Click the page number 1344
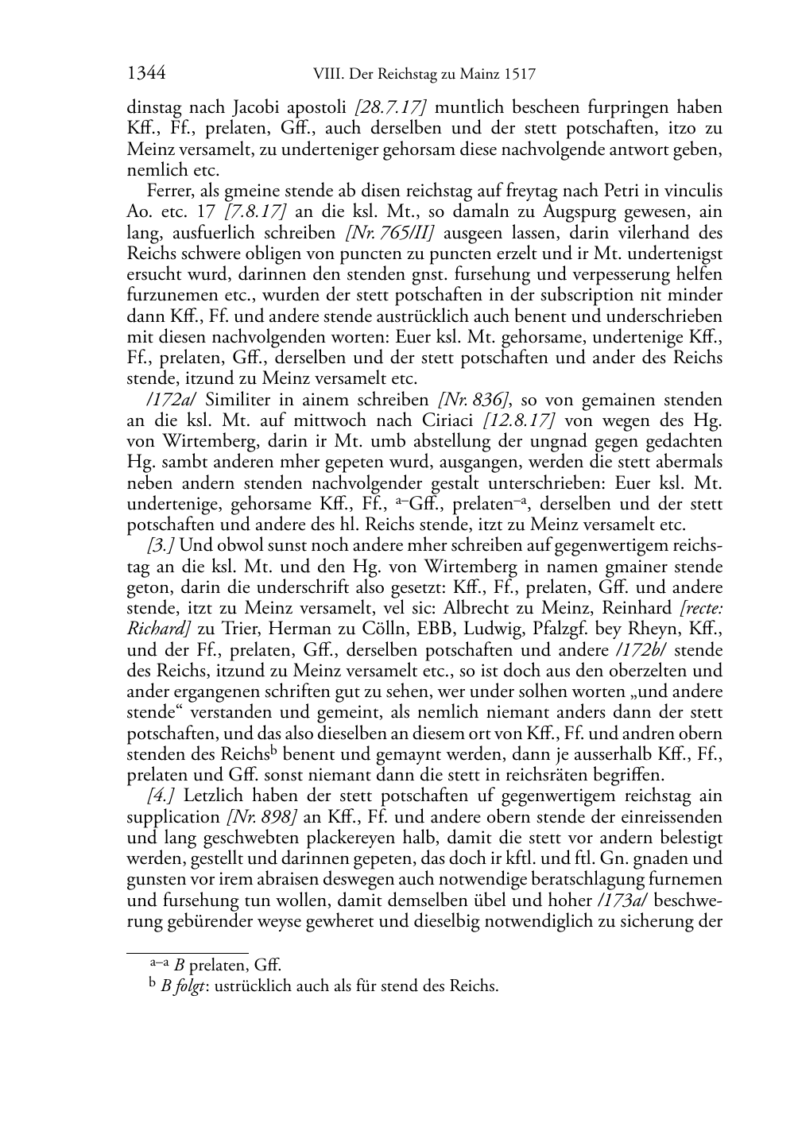click(x=145, y=75)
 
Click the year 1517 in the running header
click(x=517, y=76)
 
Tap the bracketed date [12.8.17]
click(x=521, y=420)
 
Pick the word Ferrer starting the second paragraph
click(x=168, y=192)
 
